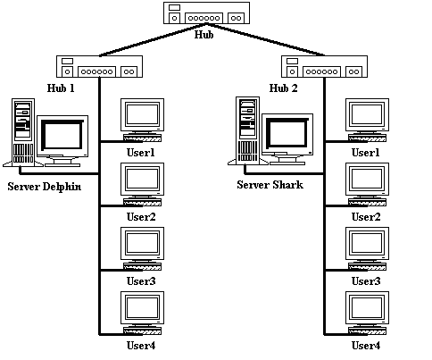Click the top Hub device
pos(206,13)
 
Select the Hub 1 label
pos(61,88)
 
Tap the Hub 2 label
pos(283,88)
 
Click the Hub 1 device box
pos(99,66)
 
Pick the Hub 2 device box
pos(324,66)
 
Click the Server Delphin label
pos(45,187)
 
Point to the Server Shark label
pos(270,185)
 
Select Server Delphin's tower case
pos(23,131)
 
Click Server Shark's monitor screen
pos(287,133)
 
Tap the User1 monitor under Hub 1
pos(142,115)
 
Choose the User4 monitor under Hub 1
pos(142,308)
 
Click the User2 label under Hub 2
pos(366,217)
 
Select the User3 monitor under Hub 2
pos(367,244)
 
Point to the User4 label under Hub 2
pos(366,346)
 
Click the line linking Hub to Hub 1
pos(153,39)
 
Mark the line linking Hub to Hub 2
pos(265,39)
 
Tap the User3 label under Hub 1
pos(141,281)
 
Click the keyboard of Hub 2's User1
pos(368,138)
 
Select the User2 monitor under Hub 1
pos(142,180)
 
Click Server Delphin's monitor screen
pos(62,135)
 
